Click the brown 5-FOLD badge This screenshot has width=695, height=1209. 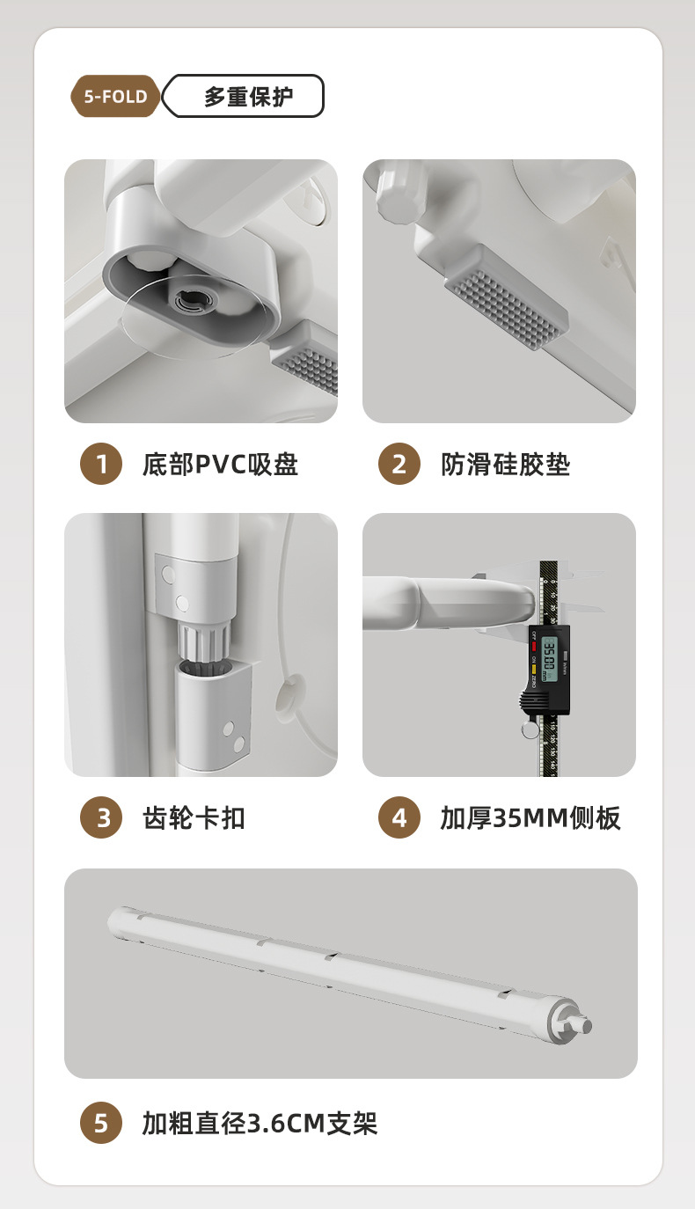(115, 96)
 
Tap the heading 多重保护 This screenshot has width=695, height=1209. (248, 97)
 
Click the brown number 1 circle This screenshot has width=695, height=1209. (101, 464)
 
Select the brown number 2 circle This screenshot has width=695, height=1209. (399, 464)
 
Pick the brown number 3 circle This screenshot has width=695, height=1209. (101, 817)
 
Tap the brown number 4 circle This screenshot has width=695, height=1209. (399, 817)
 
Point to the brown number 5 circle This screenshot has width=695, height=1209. (101, 1123)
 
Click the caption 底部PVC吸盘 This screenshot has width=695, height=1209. (220, 465)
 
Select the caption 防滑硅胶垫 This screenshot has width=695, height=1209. (506, 465)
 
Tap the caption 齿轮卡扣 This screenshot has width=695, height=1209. (194, 818)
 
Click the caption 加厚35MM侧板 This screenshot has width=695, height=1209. (530, 818)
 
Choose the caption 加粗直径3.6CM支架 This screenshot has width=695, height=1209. (260, 1123)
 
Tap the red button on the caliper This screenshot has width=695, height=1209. (534, 646)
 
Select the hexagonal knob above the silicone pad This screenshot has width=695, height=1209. (399, 193)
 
